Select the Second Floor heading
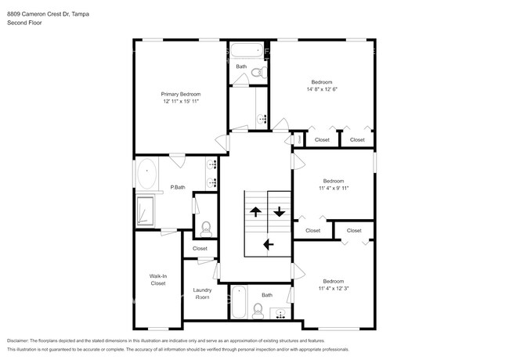tap(24, 23)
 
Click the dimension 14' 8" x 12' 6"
tap(321, 90)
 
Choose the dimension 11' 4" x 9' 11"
tap(333, 189)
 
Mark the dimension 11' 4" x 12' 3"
tap(333, 289)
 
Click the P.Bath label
tap(178, 187)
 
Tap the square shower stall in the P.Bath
tap(146, 210)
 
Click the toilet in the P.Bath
tap(206, 229)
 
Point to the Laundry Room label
tap(202, 293)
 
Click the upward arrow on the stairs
tap(255, 211)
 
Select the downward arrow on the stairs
tap(279, 211)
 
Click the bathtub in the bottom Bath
tap(239, 302)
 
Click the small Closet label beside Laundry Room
tap(200, 248)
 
